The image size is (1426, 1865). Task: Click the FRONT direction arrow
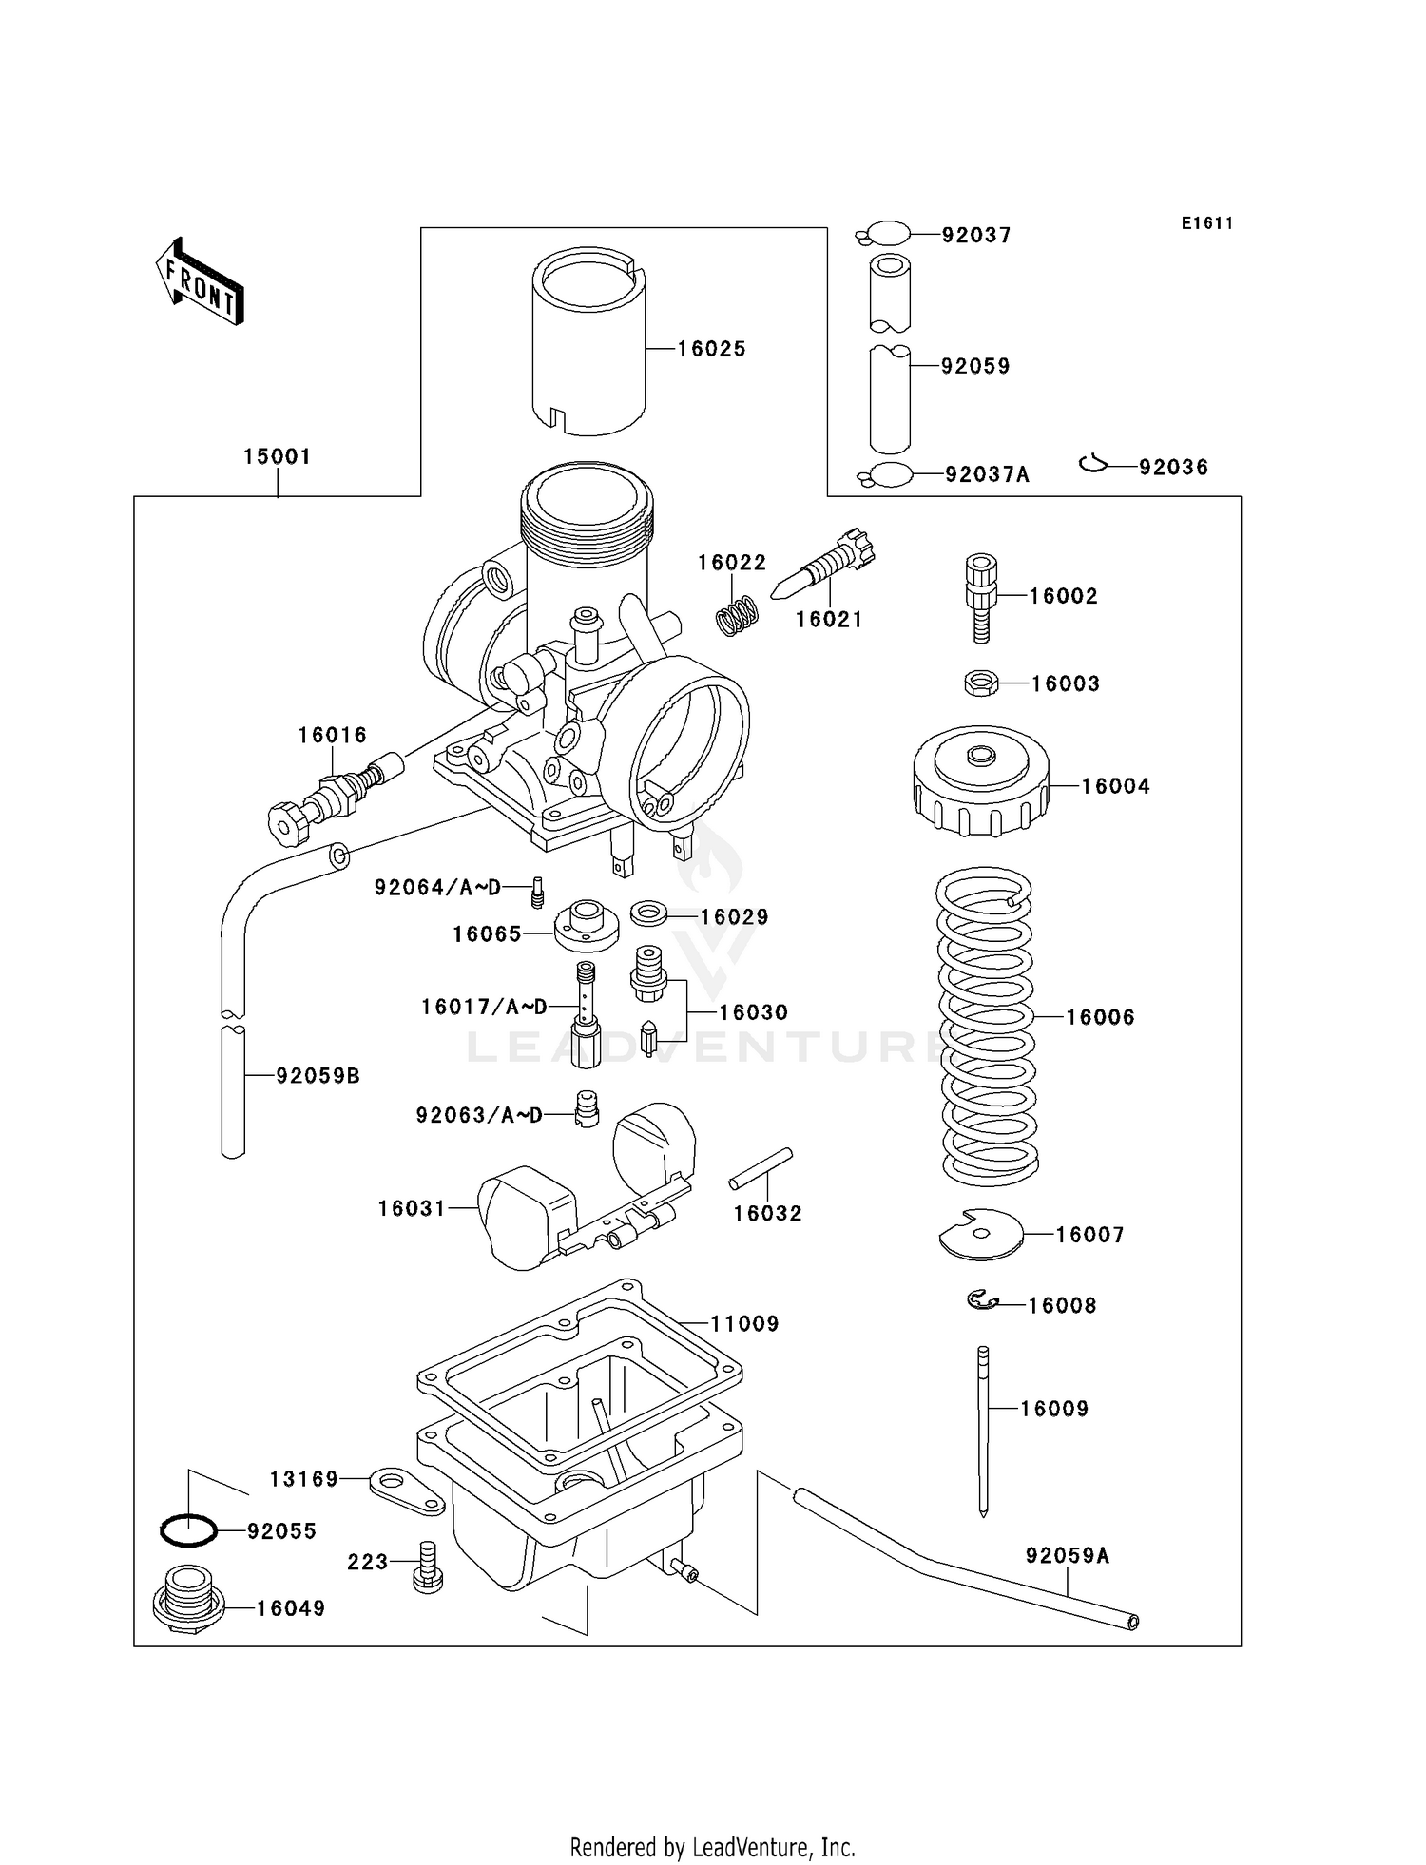pos(200,281)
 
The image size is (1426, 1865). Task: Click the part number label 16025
pos(711,349)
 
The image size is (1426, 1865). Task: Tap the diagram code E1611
pos(1206,223)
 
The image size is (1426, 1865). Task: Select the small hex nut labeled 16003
pos(980,683)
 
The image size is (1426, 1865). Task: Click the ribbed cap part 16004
pos(980,782)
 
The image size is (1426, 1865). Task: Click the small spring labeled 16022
pos(737,615)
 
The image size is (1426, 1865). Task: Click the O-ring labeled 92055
pos(188,1530)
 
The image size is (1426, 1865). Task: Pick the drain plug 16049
pos(189,1606)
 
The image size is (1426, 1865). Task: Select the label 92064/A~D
pos(436,888)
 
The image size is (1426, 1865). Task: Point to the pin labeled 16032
pos(761,1167)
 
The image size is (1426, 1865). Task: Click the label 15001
pos(277,456)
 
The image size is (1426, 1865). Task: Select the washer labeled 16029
pos(649,913)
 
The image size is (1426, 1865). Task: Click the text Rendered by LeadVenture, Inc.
pos(712,1847)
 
